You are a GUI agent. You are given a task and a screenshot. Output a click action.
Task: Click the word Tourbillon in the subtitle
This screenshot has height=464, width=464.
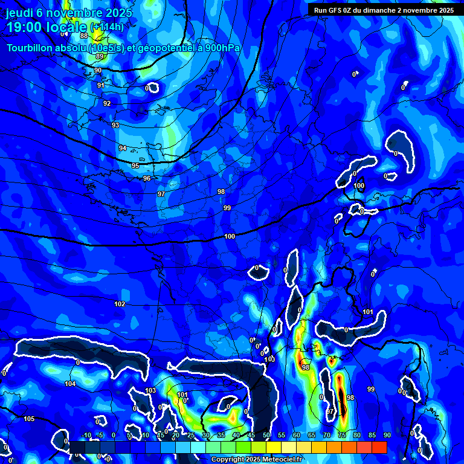[33, 48]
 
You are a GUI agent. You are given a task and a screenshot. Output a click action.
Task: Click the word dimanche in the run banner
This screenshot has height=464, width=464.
[384, 10]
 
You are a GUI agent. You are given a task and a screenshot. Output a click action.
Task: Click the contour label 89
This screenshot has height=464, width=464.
[99, 57]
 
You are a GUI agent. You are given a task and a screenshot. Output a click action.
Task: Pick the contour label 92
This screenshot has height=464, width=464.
[107, 103]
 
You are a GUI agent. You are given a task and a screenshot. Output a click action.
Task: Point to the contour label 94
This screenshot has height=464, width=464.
[123, 148]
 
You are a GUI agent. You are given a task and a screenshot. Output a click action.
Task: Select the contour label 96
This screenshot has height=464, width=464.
[147, 178]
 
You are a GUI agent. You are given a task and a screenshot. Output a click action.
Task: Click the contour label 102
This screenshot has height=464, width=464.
[120, 304]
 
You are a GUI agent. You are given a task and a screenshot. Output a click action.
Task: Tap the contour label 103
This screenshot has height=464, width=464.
[150, 390]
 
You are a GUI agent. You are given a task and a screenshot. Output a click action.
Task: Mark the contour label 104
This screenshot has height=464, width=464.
[70, 384]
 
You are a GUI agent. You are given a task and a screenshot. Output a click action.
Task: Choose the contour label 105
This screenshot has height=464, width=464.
[29, 419]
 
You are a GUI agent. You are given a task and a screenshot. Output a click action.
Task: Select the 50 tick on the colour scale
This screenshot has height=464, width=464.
[266, 435]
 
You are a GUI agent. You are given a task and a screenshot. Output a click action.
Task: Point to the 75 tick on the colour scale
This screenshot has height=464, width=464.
[341, 435]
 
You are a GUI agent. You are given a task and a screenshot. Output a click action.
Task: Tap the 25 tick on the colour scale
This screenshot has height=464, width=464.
[190, 435]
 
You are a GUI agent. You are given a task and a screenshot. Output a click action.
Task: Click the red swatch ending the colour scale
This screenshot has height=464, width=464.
[379, 447]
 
